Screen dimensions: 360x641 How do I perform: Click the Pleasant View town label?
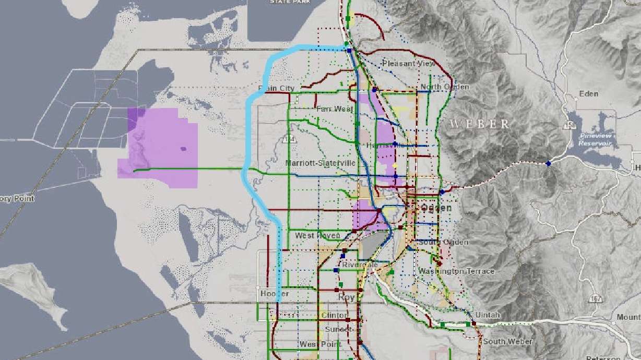coord(409,63)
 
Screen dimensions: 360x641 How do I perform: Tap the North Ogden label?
coord(445,87)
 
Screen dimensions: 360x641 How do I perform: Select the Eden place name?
coord(589,94)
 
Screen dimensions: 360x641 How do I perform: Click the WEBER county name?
coord(480,124)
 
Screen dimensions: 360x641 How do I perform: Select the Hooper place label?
coord(275,294)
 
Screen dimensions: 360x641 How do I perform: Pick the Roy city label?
coord(346,297)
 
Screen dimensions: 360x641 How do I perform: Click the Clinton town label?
coord(334,316)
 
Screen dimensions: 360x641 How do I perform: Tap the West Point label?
coord(320,344)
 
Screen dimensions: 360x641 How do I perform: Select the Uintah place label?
coord(488,315)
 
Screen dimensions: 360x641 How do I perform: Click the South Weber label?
coord(507,342)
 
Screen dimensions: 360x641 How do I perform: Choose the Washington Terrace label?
coord(456,271)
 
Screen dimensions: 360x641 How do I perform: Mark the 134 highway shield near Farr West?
coord(287,139)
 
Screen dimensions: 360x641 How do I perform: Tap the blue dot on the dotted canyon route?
coord(548,164)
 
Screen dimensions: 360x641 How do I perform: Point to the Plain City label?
coord(276,89)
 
